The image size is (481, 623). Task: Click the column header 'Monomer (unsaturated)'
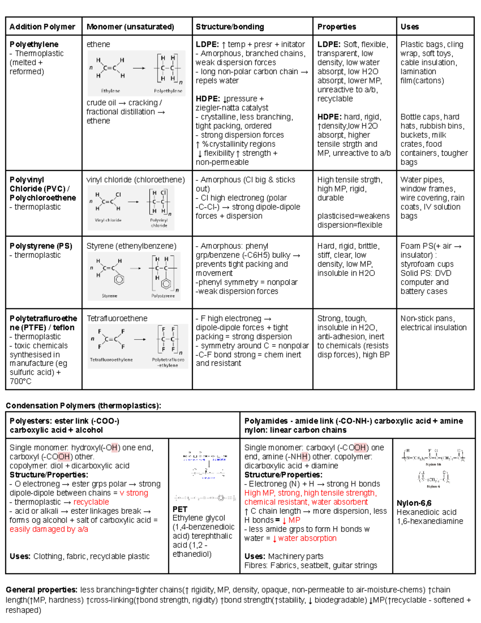[x=130, y=27]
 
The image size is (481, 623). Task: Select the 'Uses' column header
[x=409, y=27]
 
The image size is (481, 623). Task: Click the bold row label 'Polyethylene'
[x=34, y=44]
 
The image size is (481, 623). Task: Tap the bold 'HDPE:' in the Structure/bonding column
[x=208, y=99]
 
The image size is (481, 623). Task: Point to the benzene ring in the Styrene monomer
[x=119, y=279]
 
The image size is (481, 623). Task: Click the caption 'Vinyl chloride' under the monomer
[x=108, y=220]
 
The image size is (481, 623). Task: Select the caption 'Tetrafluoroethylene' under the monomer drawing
[x=111, y=360]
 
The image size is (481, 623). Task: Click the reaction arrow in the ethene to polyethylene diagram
[x=139, y=68]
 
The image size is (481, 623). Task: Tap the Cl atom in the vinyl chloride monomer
[x=118, y=195]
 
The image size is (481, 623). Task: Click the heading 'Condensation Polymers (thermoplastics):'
[x=83, y=406]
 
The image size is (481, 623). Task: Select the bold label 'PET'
[x=180, y=509]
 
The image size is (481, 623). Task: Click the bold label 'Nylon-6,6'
[x=414, y=503]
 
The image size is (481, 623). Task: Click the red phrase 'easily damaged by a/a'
[x=49, y=530]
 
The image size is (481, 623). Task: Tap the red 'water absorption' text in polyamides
[x=307, y=538]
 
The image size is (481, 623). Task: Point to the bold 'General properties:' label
[x=42, y=590]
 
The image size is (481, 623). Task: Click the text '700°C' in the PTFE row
[x=20, y=382]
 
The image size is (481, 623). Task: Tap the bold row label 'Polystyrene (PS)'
[x=41, y=246]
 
